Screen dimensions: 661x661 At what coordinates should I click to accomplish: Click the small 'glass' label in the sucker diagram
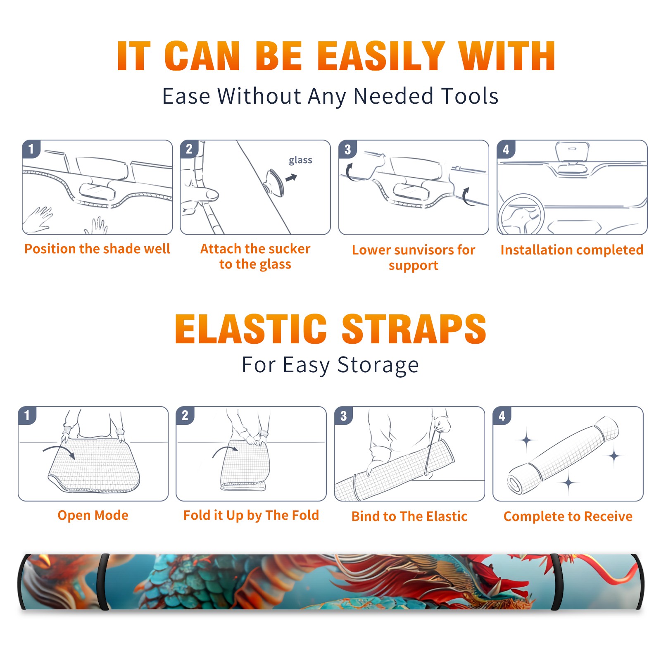pyautogui.click(x=300, y=160)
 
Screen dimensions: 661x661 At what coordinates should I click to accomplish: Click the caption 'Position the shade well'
pyautogui.click(x=97, y=249)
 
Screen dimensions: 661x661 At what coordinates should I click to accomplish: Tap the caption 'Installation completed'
pyautogui.click(x=572, y=250)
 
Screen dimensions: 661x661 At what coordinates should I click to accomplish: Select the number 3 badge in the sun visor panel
pyautogui.click(x=347, y=149)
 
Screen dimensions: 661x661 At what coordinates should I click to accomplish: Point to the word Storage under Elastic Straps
pyautogui.click(x=378, y=365)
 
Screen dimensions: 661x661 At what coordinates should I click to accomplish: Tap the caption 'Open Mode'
pyautogui.click(x=93, y=515)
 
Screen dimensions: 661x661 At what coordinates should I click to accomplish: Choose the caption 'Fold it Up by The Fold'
pyautogui.click(x=251, y=515)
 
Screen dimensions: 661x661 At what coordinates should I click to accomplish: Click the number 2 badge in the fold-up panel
pyautogui.click(x=185, y=415)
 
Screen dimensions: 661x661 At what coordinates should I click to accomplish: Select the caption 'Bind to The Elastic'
pyautogui.click(x=409, y=516)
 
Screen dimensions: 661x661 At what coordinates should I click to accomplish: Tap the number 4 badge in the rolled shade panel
pyautogui.click(x=502, y=416)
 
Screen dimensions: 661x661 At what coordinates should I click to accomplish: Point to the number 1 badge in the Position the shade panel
pyautogui.click(x=31, y=149)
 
